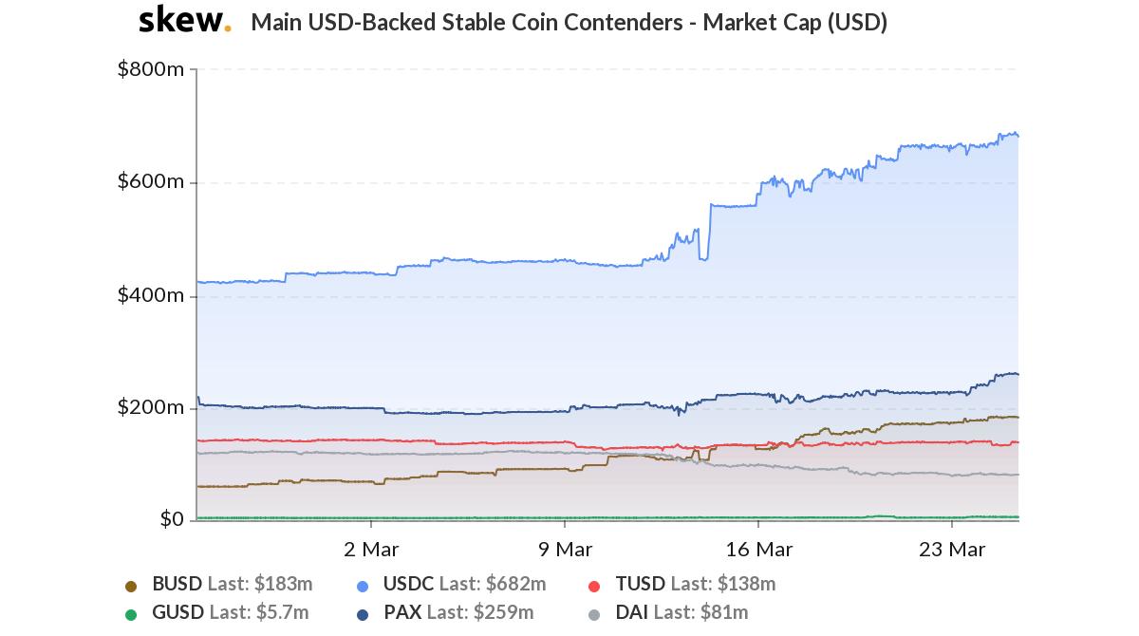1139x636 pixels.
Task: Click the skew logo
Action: pyautogui.click(x=184, y=20)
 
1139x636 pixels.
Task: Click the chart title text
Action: pyautogui.click(x=569, y=23)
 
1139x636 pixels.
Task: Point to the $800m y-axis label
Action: pyautogui.click(x=151, y=69)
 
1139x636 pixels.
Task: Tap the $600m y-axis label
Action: pyautogui.click(x=151, y=181)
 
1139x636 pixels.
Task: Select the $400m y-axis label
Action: pyautogui.click(x=151, y=295)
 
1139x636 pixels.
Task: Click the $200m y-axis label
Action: pyautogui.click(x=151, y=407)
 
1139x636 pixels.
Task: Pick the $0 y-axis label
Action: pyautogui.click(x=172, y=519)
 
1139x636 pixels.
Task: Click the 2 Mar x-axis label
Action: pyautogui.click(x=371, y=549)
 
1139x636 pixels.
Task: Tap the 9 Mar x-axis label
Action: pyautogui.click(x=565, y=549)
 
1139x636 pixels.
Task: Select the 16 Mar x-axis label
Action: pyautogui.click(x=758, y=549)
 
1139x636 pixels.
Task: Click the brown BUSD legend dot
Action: pyautogui.click(x=131, y=586)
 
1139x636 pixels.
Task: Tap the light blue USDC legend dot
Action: pyautogui.click(x=363, y=586)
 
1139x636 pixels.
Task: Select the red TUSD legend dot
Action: pyautogui.click(x=594, y=586)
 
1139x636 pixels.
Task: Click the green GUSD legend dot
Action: pyautogui.click(x=131, y=614)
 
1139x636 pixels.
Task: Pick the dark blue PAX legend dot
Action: pyautogui.click(x=363, y=614)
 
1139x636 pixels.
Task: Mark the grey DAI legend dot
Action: pyautogui.click(x=594, y=614)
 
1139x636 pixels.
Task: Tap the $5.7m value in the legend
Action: pyautogui.click(x=282, y=613)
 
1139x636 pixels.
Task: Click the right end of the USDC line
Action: pyautogui.click(x=1018, y=136)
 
